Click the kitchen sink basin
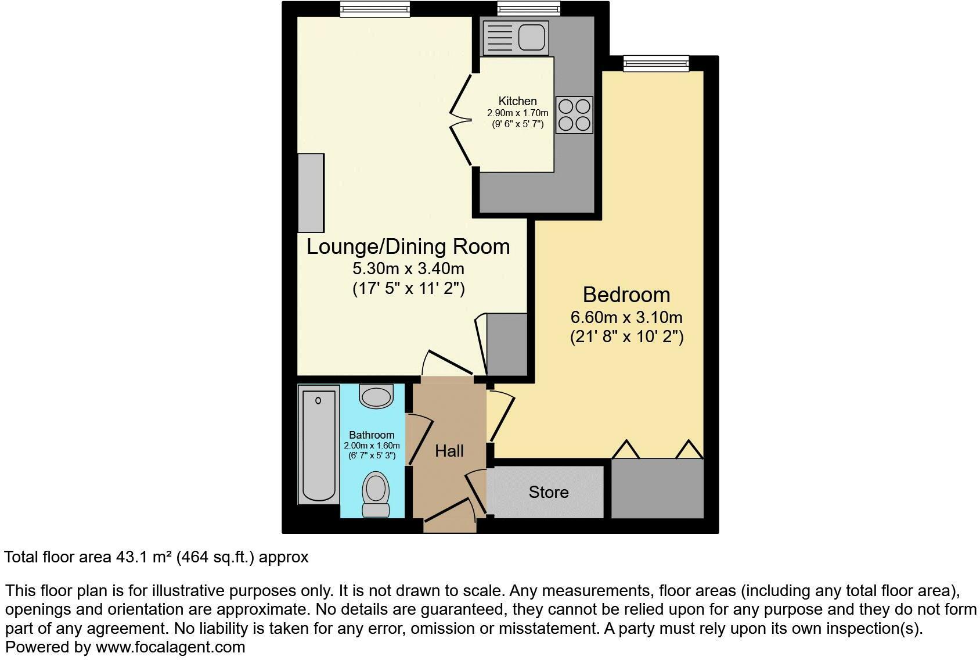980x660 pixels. (x=532, y=37)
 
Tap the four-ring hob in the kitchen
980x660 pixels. (x=574, y=114)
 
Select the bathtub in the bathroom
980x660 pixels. (x=319, y=444)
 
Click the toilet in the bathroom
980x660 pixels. (x=376, y=494)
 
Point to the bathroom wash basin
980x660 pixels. (x=376, y=396)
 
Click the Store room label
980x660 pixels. (x=549, y=492)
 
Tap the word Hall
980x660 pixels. (x=449, y=451)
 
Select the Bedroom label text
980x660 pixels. (x=626, y=295)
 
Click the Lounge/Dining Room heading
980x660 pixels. (x=408, y=246)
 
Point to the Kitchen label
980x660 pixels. (x=517, y=101)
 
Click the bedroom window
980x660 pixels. (x=656, y=63)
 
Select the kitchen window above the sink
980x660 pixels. (x=528, y=9)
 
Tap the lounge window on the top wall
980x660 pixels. (x=375, y=9)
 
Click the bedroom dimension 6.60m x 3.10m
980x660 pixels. (x=626, y=317)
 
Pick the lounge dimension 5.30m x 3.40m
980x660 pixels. (x=409, y=268)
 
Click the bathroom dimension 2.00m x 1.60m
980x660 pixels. (x=372, y=446)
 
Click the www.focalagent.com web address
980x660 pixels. (x=170, y=647)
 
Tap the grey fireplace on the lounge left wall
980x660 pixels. (x=311, y=193)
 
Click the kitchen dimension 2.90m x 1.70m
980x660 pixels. (x=517, y=113)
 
